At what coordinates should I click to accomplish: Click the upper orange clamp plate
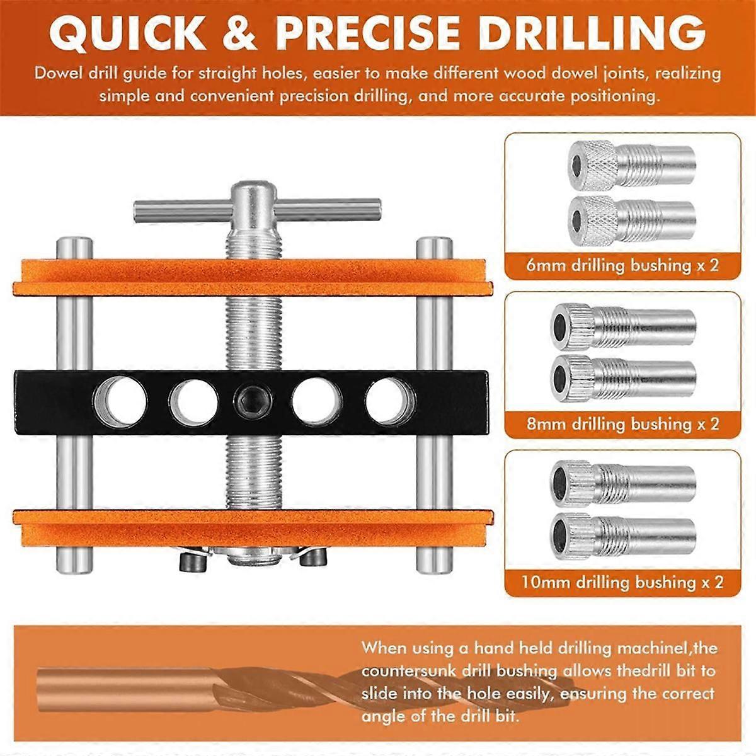click(252, 277)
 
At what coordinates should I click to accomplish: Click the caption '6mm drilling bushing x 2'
click(622, 265)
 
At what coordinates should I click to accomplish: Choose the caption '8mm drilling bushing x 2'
click(622, 424)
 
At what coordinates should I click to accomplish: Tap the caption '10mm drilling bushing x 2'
click(622, 582)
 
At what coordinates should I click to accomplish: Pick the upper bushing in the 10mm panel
click(624, 481)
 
